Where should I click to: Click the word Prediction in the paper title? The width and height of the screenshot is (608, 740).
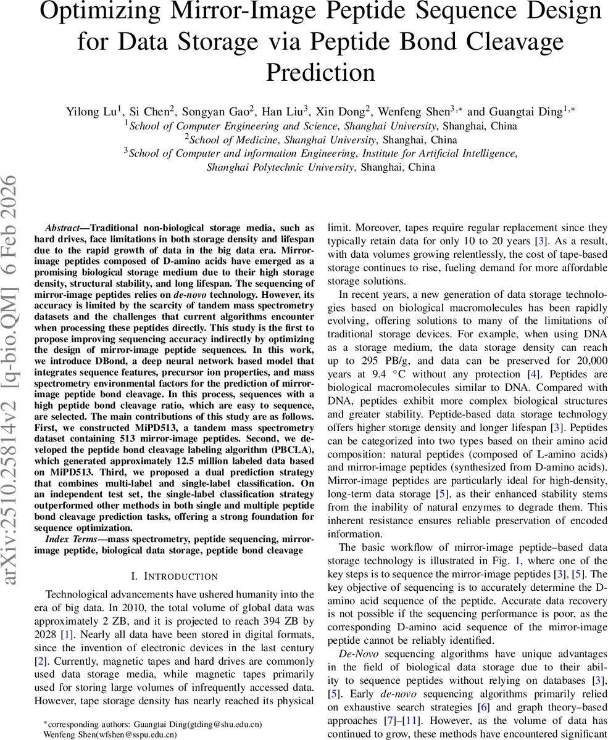tap(320, 72)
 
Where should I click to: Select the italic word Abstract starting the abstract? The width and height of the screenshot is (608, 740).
tap(62, 228)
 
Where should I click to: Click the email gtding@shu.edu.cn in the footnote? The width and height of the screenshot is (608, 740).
tap(220, 724)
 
